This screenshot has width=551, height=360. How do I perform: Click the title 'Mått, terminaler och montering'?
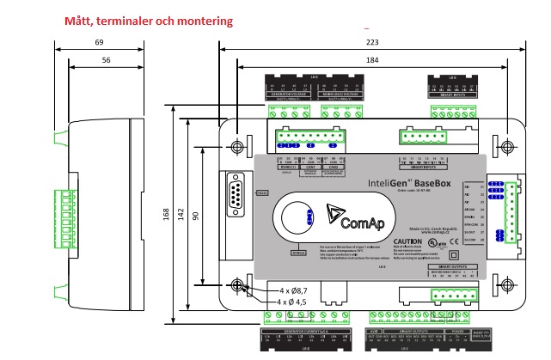[148, 20]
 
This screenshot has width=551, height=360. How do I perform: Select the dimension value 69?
[100, 42]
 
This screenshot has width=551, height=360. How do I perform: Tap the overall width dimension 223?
[371, 42]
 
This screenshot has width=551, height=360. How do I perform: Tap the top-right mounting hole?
[505, 143]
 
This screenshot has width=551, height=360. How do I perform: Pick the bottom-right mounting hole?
[505, 284]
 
